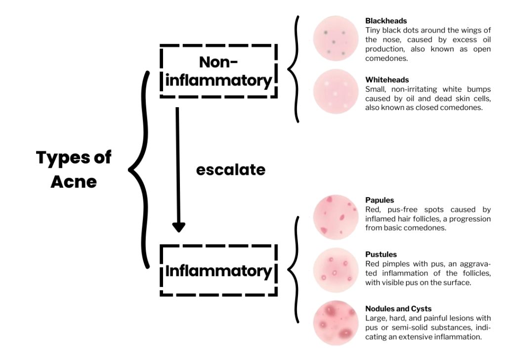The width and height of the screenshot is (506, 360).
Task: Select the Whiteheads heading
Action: point(387,80)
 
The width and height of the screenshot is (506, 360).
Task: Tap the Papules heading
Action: point(379,200)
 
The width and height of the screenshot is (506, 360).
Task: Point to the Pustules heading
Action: point(381,254)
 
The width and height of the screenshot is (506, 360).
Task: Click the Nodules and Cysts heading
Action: point(398,309)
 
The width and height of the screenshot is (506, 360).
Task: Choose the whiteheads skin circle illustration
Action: point(335,91)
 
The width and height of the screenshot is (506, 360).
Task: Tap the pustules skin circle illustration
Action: point(335,270)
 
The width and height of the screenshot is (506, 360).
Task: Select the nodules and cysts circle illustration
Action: point(335,323)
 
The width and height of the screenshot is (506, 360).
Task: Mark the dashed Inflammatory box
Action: point(218,271)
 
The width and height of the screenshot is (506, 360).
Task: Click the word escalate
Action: point(231,170)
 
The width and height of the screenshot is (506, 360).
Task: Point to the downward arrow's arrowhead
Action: point(178,226)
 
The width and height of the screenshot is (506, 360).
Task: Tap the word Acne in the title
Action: point(74,182)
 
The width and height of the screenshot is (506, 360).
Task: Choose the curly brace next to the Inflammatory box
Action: point(294,270)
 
